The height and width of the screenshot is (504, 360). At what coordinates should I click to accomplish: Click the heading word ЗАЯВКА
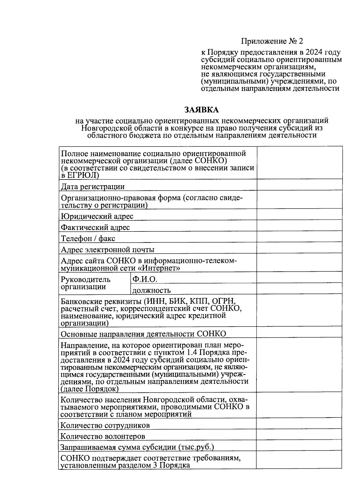[x=201, y=110]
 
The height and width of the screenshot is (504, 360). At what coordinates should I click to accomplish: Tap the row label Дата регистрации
[x=92, y=187]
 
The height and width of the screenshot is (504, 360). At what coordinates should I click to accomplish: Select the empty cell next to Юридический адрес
[x=299, y=214]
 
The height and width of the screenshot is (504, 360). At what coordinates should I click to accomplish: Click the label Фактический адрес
[x=95, y=228]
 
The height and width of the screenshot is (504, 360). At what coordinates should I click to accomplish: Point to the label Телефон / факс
[x=88, y=239]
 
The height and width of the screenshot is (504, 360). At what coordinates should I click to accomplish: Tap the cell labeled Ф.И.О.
[x=145, y=279]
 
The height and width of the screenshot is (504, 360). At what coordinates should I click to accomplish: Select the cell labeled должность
[x=151, y=290]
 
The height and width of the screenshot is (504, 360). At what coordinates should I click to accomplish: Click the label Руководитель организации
[x=85, y=283]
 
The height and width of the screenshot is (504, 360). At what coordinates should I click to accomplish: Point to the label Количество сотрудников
[x=105, y=425]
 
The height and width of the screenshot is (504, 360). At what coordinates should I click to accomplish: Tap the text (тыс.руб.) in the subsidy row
[x=196, y=447]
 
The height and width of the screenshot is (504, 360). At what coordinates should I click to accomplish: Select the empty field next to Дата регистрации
[x=299, y=185]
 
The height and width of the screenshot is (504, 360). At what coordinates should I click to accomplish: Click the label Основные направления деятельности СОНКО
[x=143, y=334]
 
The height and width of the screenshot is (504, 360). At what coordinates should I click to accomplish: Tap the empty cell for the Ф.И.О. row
[x=299, y=277]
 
